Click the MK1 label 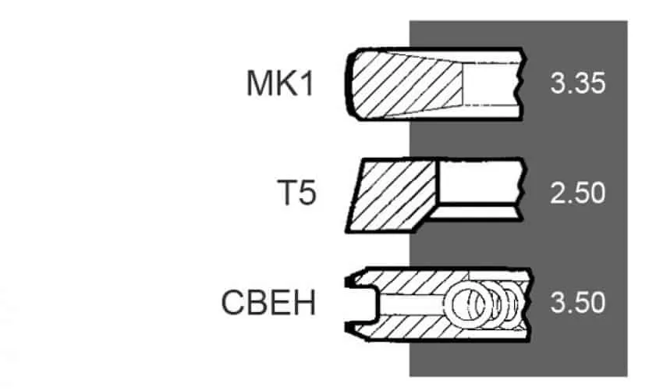click(280, 84)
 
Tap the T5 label click(296, 193)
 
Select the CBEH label click(268, 303)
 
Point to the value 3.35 click(577, 83)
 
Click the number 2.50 click(577, 193)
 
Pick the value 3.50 click(577, 303)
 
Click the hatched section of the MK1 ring click(406, 84)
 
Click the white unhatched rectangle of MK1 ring click(491, 84)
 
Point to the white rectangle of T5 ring click(480, 182)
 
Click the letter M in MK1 click(259, 84)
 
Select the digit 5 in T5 click(307, 194)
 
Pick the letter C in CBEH click(233, 303)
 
